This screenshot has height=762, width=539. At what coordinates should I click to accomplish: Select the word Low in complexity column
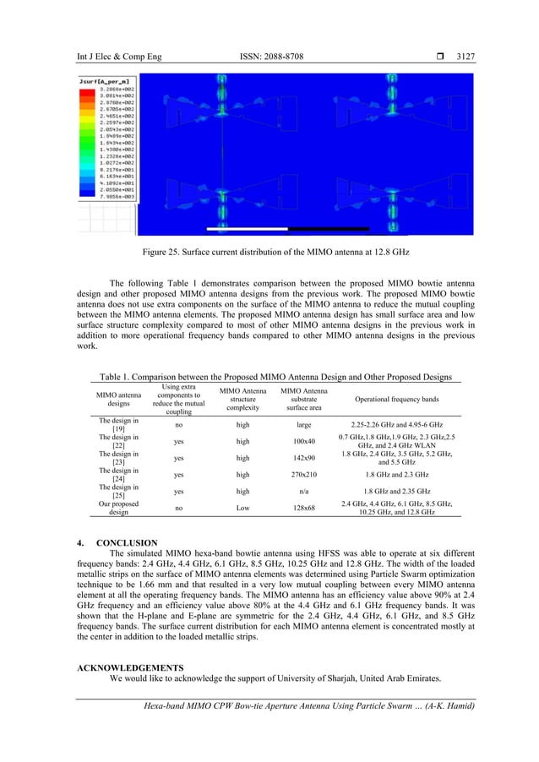[x=242, y=508]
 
